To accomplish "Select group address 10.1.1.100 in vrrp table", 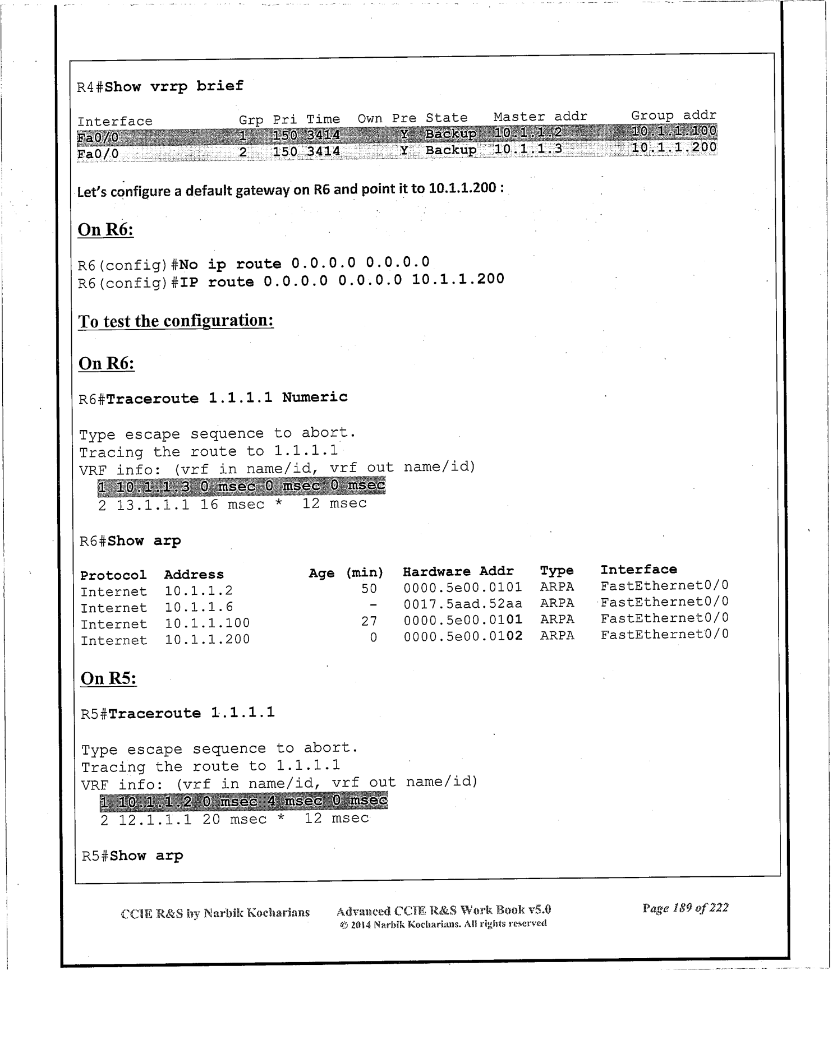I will pyautogui.click(x=673, y=131).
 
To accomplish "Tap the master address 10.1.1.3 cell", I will pyautogui.click(x=527, y=149).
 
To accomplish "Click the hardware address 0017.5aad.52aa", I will pyautogui.click(x=463, y=603).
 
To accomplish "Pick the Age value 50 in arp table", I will pyautogui.click(x=369, y=588).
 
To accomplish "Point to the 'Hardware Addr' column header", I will pyautogui.click(x=458, y=571).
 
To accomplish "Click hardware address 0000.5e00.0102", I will pyautogui.click(x=463, y=636).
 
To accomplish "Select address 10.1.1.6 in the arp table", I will pyautogui.click(x=199, y=607).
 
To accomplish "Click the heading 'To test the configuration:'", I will pyautogui.click(x=176, y=321).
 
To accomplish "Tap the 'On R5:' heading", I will pyautogui.click(x=108, y=678).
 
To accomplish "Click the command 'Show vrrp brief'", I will pyautogui.click(x=174, y=86).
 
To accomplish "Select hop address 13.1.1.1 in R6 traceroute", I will pyautogui.click(x=153, y=505).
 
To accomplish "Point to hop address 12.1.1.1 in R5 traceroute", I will pyautogui.click(x=155, y=820).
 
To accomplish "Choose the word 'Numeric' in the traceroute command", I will pyautogui.click(x=314, y=397).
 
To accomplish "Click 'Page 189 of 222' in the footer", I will pyautogui.click(x=685, y=908).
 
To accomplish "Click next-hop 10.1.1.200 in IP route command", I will pyautogui.click(x=458, y=279).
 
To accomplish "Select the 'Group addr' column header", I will pyautogui.click(x=673, y=115).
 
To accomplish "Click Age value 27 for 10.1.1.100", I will pyautogui.click(x=369, y=621).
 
